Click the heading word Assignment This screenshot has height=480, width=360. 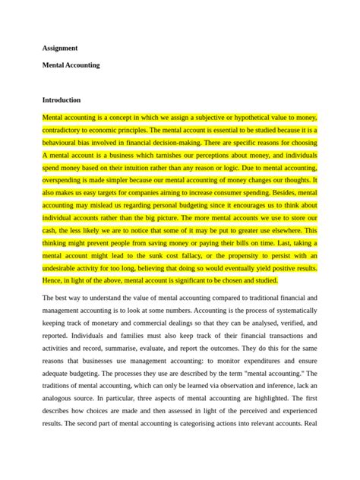[61, 48]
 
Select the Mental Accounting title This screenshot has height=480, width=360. [71, 65]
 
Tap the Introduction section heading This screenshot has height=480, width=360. [62, 99]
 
